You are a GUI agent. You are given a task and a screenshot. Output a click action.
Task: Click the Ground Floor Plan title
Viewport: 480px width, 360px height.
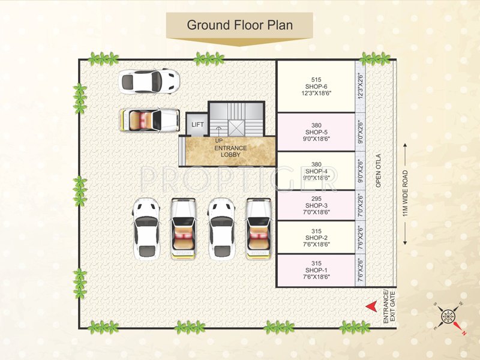(x=239, y=25)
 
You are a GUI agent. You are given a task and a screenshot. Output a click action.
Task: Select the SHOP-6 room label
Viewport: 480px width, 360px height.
(x=316, y=86)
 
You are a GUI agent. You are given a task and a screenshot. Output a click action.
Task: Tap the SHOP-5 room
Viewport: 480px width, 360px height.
(x=316, y=132)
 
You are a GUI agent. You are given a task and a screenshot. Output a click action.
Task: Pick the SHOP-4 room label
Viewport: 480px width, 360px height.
(x=316, y=171)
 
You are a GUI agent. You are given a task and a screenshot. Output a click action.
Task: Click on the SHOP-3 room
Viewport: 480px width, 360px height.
(x=316, y=206)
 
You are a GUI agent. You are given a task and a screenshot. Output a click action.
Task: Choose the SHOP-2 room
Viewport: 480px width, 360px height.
(x=316, y=238)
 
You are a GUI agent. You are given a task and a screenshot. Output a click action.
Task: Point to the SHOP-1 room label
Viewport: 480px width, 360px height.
(x=316, y=271)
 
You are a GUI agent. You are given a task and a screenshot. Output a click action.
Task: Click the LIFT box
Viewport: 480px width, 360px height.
(x=197, y=125)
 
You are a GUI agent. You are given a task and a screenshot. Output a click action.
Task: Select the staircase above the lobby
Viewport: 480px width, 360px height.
(x=236, y=118)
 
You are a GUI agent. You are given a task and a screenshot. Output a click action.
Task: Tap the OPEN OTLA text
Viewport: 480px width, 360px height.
(x=379, y=172)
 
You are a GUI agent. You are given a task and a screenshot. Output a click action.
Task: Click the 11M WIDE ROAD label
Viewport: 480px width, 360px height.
(x=406, y=193)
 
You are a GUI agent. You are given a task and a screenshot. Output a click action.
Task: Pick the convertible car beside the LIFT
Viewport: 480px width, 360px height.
(x=149, y=118)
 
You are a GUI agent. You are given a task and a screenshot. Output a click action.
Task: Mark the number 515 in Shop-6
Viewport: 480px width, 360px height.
(x=316, y=79)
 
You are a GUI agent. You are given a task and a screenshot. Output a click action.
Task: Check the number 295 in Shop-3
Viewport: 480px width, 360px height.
(x=316, y=199)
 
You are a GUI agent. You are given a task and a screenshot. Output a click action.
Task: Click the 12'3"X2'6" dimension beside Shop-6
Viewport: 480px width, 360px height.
(x=361, y=86)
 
